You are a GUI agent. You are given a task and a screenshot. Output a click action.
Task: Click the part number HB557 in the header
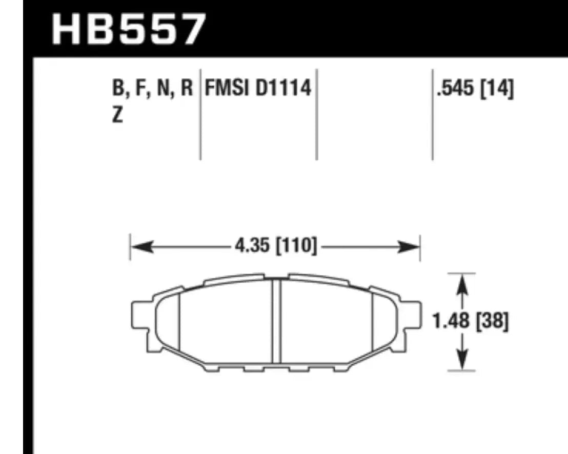[x=129, y=29]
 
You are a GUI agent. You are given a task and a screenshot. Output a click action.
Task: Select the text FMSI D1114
[x=258, y=88]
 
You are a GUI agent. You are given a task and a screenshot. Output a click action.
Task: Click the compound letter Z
[x=117, y=116]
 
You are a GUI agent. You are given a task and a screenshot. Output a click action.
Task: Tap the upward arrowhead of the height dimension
[x=463, y=282]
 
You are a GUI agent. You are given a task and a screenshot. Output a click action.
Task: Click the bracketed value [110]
[x=295, y=247]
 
